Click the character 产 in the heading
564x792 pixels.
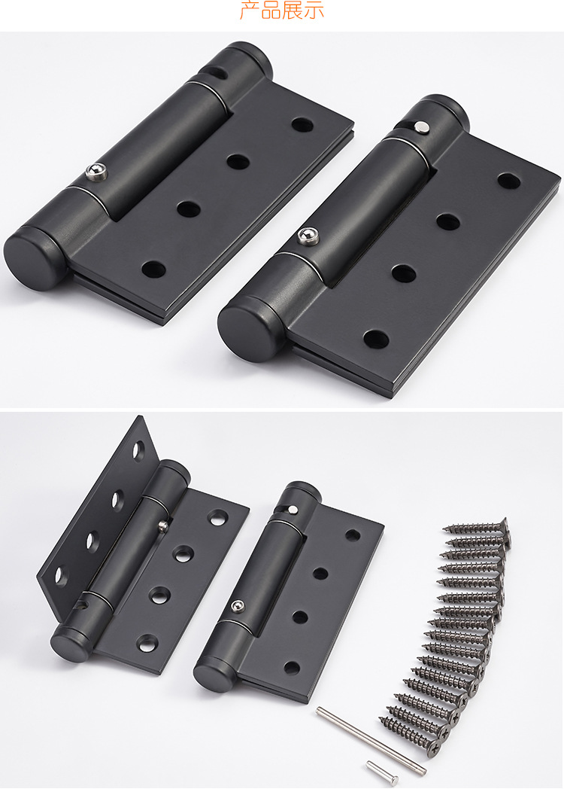(x=250, y=10)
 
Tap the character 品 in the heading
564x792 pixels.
(x=271, y=10)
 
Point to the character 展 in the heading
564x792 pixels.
(x=292, y=10)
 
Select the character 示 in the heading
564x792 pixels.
(x=314, y=10)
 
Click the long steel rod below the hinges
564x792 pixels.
(x=371, y=740)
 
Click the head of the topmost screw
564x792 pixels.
(x=503, y=528)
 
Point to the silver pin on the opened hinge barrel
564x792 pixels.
(x=162, y=527)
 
